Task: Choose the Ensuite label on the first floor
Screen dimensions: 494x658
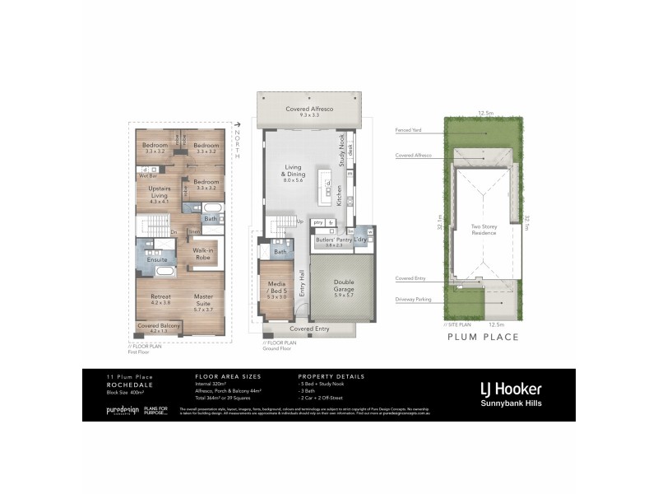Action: pos(157,259)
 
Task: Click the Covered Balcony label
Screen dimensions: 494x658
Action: pos(159,327)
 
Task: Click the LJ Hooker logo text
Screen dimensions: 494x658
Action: pos(511,387)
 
